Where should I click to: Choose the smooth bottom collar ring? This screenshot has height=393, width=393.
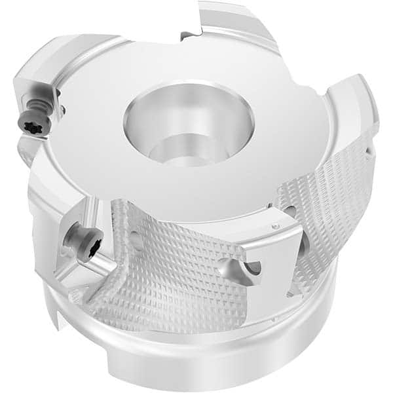pyautogui.click(x=216, y=354)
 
